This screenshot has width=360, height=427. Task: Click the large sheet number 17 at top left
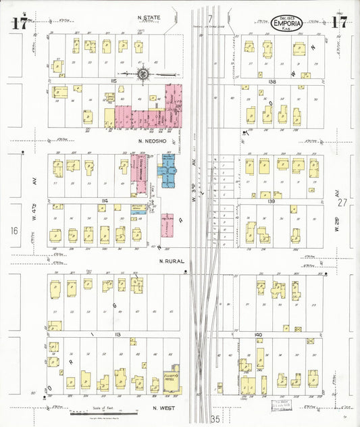click(18, 22)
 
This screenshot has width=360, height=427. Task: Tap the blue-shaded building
click(166, 172)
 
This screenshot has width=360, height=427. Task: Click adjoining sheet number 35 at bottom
click(215, 419)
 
